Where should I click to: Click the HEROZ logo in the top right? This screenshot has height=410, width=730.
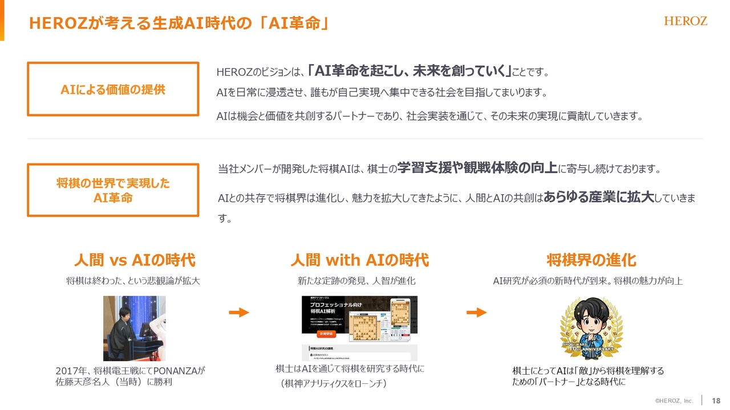tap(686, 21)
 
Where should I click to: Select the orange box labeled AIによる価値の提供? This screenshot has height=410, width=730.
tap(113, 89)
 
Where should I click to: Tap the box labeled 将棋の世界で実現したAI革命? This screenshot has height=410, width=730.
tap(113, 190)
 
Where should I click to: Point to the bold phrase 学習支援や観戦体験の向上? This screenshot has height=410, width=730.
tap(477, 168)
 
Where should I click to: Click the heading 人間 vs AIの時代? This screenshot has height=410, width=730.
tap(135, 260)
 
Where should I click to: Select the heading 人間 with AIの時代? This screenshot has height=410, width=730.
tap(359, 260)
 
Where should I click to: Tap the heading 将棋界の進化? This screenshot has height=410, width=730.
tap(591, 260)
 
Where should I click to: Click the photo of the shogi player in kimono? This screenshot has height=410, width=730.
tap(134, 328)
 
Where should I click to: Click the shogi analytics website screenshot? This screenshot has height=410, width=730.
tap(359, 327)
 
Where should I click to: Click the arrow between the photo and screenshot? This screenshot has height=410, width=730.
tap(239, 312)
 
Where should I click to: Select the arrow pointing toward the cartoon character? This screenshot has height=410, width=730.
tap(476, 312)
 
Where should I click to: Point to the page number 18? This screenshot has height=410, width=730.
tap(716, 400)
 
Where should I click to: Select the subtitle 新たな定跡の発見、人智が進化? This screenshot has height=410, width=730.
tap(356, 281)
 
